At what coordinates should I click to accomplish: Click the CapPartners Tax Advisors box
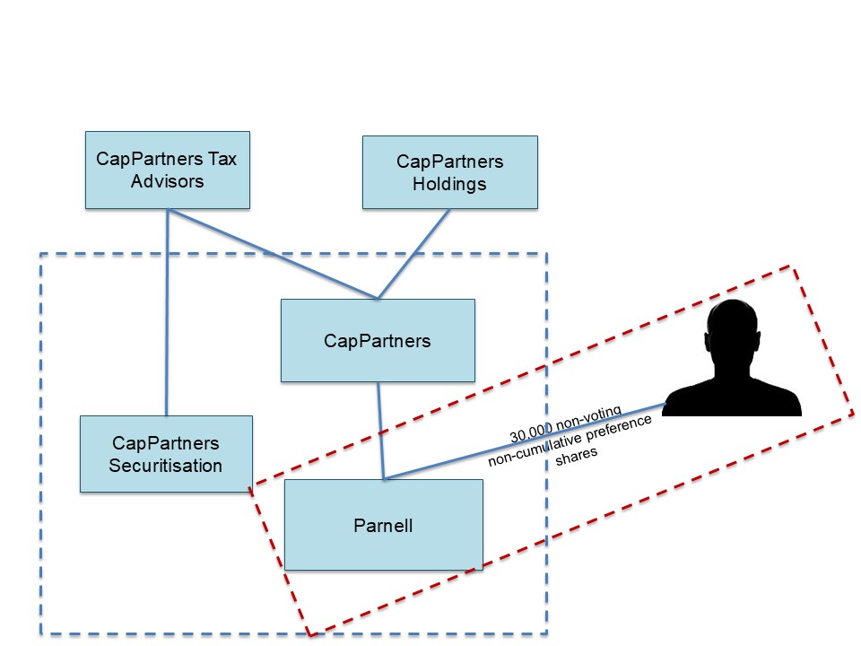point(167,170)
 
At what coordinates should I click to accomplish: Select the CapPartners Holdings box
point(449,172)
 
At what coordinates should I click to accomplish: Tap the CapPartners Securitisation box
point(166,453)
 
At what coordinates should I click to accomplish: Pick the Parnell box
point(383,525)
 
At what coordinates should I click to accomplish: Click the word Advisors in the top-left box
point(167,181)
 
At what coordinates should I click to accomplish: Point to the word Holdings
point(449,184)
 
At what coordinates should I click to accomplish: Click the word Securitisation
point(166,466)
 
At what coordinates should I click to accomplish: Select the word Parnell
point(383,526)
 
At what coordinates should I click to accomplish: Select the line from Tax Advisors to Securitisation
point(168,314)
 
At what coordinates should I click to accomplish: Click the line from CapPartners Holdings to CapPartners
point(414,254)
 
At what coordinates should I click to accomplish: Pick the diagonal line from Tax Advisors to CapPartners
point(274,254)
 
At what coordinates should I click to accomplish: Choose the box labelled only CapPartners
point(378,341)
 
